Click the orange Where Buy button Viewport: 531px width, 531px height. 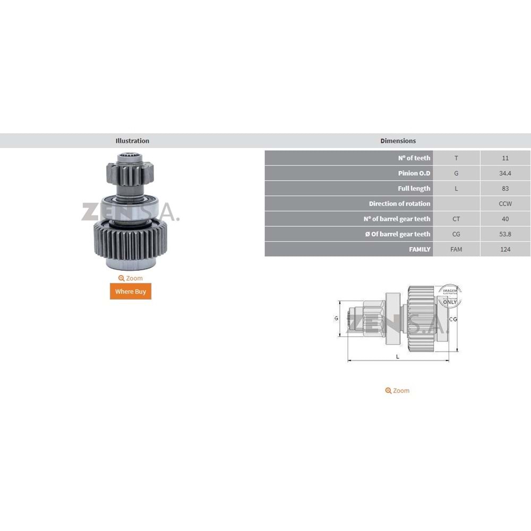(131, 292)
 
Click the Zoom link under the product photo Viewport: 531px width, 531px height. (131, 278)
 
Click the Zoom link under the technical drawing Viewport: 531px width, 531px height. (398, 390)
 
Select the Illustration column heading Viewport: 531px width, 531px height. (132, 141)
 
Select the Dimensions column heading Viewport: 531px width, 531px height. (398, 141)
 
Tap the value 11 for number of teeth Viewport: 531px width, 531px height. (505, 158)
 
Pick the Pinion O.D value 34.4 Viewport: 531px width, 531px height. (505, 173)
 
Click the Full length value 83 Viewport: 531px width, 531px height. (505, 189)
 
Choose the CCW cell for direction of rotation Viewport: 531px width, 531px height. (505, 203)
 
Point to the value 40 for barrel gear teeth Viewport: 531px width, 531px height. (505, 219)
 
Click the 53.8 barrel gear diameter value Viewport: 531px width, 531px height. (505, 234)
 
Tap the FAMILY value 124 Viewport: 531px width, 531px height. (505, 249)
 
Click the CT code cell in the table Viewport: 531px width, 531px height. (456, 219)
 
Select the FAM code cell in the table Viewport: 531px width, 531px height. (456, 249)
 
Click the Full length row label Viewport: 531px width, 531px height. (414, 189)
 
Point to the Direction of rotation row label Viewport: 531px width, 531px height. (399, 203)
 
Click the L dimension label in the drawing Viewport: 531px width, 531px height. (398, 356)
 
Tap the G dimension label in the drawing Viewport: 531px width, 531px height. (336, 318)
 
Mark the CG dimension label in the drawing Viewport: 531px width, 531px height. (453, 319)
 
